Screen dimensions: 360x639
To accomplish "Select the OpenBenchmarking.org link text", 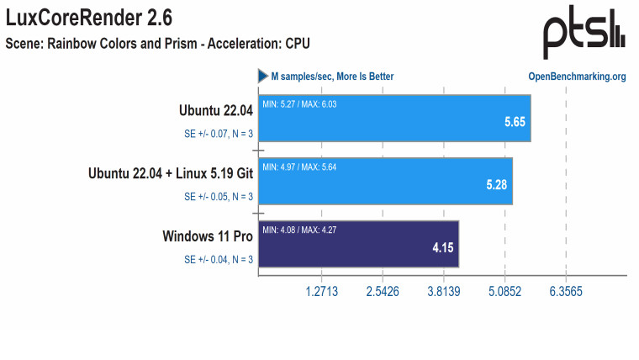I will pos(577,77).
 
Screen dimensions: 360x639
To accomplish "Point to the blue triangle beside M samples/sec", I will pos(262,77).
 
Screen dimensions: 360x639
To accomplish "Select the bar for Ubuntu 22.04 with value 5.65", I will pos(394,125).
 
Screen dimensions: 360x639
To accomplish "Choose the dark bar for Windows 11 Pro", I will pos(359,244).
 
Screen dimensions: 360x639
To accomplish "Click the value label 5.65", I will pos(515,122).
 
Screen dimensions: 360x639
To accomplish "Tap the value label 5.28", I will pos(497,184).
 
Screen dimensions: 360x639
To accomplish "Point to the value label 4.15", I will pos(442,248).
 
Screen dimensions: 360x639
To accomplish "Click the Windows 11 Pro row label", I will pos(208,236).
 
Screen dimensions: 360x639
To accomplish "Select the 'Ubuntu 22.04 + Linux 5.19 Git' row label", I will pos(171,173).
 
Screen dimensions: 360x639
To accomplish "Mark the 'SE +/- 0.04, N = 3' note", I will pos(219,259).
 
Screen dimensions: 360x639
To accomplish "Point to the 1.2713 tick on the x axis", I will pos(321,292).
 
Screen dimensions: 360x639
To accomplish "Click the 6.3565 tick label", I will pos(565,292).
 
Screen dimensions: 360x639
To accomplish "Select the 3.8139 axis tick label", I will pos(443,292).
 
